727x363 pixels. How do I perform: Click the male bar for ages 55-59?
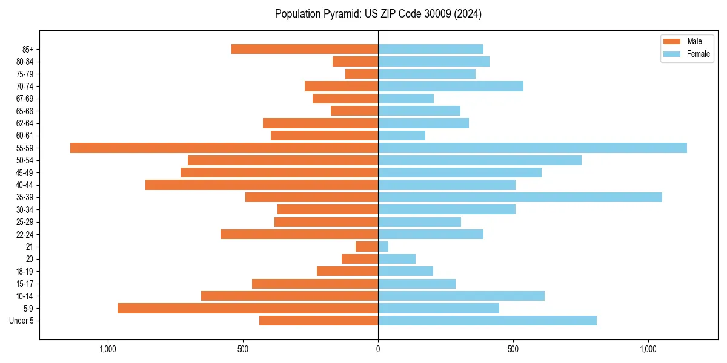pyautogui.click(x=224, y=148)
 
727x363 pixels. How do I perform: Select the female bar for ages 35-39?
pyautogui.click(x=520, y=197)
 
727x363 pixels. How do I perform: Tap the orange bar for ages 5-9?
pyautogui.click(x=248, y=308)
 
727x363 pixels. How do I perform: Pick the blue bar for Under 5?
pyautogui.click(x=487, y=321)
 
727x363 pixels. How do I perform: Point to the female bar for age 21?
pyautogui.click(x=383, y=246)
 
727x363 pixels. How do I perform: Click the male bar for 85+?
pyautogui.click(x=305, y=49)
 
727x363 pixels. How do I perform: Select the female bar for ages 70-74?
pyautogui.click(x=451, y=86)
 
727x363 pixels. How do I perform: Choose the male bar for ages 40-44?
pyautogui.click(x=262, y=185)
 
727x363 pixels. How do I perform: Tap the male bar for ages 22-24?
pyautogui.click(x=299, y=234)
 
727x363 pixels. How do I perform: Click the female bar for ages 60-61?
pyautogui.click(x=402, y=136)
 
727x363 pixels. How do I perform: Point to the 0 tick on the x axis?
pyautogui.click(x=378, y=348)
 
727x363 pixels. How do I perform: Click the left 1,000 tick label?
pyautogui.click(x=107, y=348)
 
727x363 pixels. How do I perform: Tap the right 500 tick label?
pyautogui.click(x=513, y=348)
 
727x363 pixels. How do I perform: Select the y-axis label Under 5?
pyautogui.click(x=21, y=321)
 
